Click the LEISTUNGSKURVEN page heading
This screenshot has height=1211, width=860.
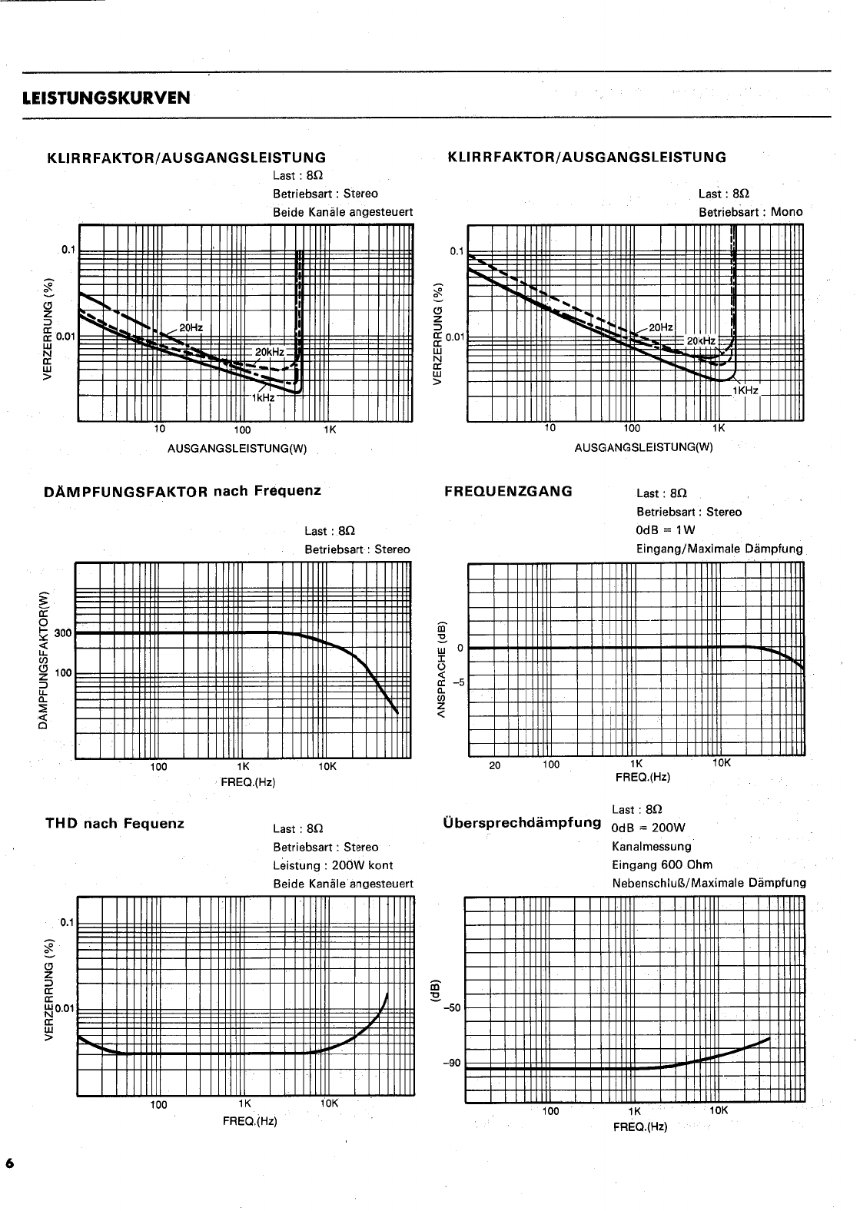pyautogui.click(x=107, y=98)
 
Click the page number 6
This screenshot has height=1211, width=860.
pyautogui.click(x=10, y=1163)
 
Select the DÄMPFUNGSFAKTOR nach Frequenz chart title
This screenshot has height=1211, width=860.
pyautogui.click(x=183, y=491)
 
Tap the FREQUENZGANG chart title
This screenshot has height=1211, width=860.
pyautogui.click(x=509, y=492)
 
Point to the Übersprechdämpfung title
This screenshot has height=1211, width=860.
pyautogui.click(x=522, y=822)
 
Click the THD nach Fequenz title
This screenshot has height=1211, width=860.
pyautogui.click(x=115, y=824)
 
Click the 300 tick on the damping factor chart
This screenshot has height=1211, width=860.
pyautogui.click(x=63, y=633)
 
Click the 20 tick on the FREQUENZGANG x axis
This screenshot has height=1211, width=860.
pyautogui.click(x=495, y=765)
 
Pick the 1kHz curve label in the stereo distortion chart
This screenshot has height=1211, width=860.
pyautogui.click(x=263, y=398)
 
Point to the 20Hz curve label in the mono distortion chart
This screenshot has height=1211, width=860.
pyautogui.click(x=661, y=327)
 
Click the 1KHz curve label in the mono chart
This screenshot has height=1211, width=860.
pyautogui.click(x=745, y=391)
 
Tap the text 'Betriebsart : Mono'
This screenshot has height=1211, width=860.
pyautogui.click(x=750, y=212)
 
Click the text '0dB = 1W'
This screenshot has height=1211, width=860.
pyautogui.click(x=666, y=530)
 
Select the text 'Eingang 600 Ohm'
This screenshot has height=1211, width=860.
pyautogui.click(x=651, y=864)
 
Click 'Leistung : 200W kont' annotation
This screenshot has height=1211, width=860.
pyautogui.click(x=333, y=865)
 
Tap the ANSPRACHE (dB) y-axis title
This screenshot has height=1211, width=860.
pyautogui.click(x=441, y=662)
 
